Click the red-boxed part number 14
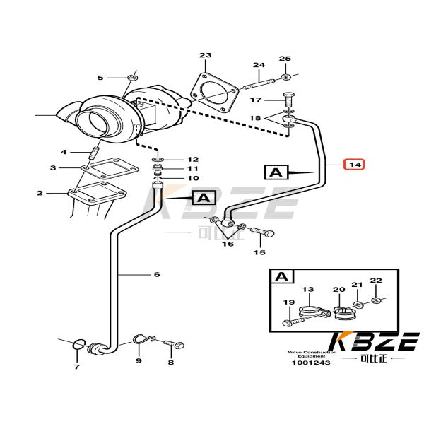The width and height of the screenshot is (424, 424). [x=354, y=164]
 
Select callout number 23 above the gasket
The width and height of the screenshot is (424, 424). [x=205, y=55]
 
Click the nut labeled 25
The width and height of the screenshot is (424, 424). [x=285, y=76]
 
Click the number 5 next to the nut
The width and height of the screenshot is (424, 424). [x=100, y=77]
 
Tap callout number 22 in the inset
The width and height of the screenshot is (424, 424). [x=376, y=281]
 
